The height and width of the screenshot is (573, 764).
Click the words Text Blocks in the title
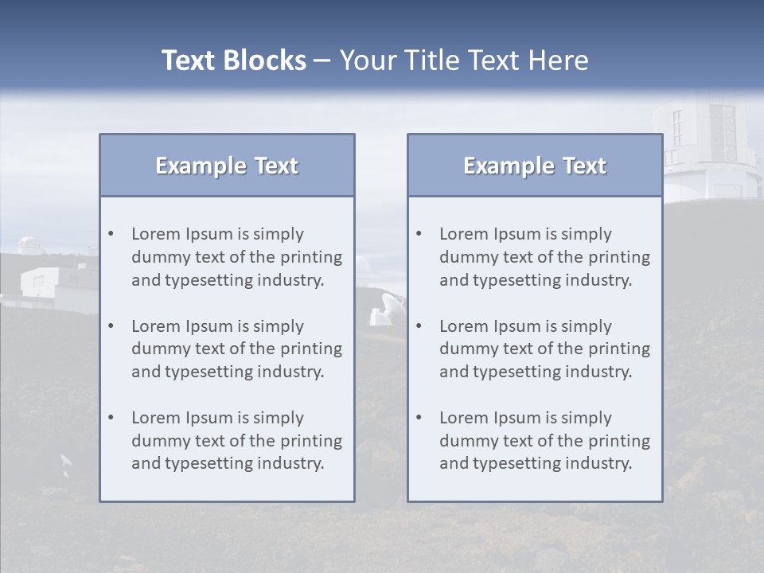pos(233,60)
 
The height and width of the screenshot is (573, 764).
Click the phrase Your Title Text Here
pos(464,60)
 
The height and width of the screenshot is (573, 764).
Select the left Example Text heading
pos(227,166)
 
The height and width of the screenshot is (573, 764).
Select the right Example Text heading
pos(535,166)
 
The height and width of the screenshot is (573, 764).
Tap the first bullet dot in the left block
pos(111,234)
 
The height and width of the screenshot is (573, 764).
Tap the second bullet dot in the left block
pos(111,326)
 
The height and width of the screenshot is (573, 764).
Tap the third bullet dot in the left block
pos(111,418)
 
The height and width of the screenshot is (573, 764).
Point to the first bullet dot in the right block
pos(419,234)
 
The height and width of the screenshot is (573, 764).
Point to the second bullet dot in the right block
pos(419,326)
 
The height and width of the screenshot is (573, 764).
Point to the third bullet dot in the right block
pos(419,418)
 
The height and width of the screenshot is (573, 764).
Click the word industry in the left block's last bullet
pos(290,464)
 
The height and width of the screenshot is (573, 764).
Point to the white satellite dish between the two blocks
pos(388,308)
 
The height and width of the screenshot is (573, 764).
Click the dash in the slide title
pos(322,60)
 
